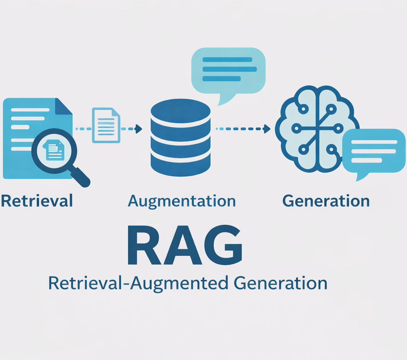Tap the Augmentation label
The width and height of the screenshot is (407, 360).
pyautogui.click(x=181, y=201)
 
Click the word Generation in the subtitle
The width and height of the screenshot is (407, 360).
pyautogui.click(x=280, y=283)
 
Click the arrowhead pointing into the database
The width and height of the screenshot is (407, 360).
pyautogui.click(x=139, y=129)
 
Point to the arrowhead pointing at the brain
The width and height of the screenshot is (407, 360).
pyautogui.click(x=267, y=129)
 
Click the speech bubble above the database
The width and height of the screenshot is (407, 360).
pyautogui.click(x=228, y=70)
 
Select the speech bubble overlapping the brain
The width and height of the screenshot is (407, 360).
pyautogui.click(x=374, y=150)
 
